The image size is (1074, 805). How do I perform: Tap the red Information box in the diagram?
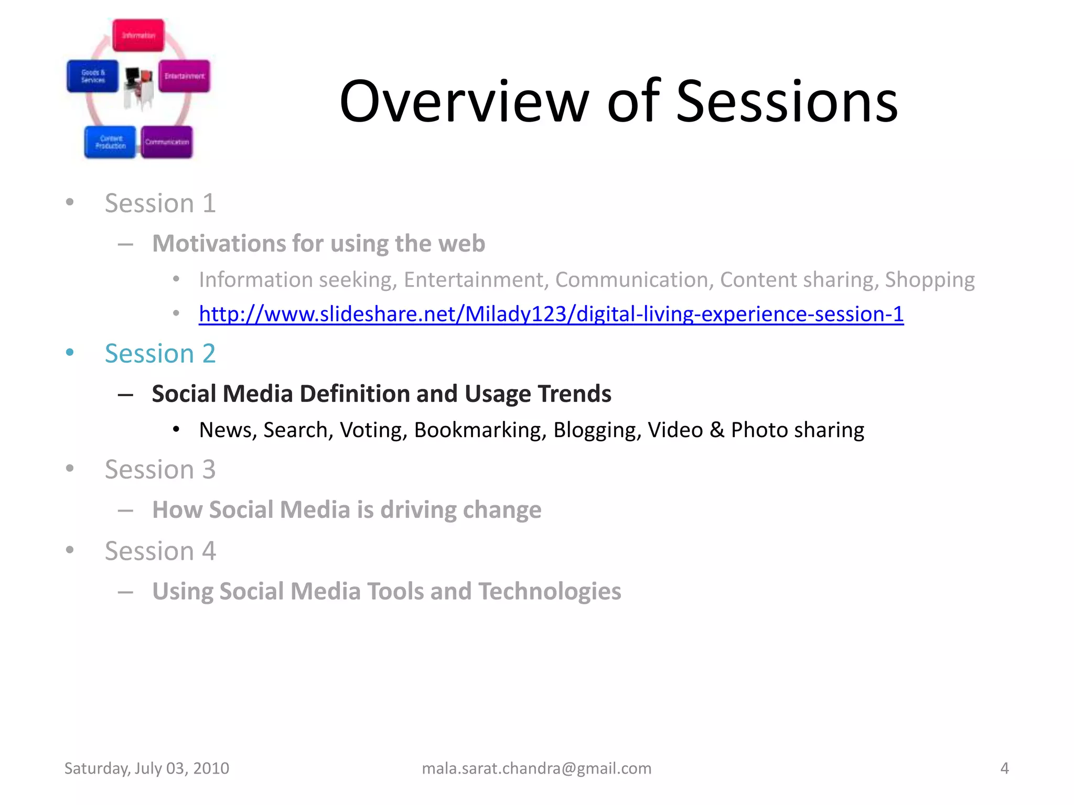pyautogui.click(x=138, y=35)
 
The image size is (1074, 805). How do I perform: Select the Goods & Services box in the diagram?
pyautogui.click(x=93, y=77)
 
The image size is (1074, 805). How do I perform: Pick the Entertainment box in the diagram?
pyautogui.click(x=184, y=77)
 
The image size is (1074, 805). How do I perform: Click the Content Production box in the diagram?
pyautogui.click(x=110, y=142)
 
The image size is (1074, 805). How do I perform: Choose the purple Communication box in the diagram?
pyautogui.click(x=167, y=142)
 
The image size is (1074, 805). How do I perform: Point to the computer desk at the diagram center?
pyautogui.click(x=139, y=86)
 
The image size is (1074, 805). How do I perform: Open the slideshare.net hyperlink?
pyautogui.click(x=551, y=314)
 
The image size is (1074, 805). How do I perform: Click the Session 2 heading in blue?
pyautogui.click(x=160, y=353)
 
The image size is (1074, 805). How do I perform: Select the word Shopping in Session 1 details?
pyautogui.click(x=929, y=280)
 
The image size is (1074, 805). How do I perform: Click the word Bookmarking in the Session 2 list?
pyautogui.click(x=480, y=430)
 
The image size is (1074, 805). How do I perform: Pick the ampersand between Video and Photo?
pyautogui.click(x=716, y=430)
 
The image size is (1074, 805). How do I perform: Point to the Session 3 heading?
pyautogui.click(x=160, y=469)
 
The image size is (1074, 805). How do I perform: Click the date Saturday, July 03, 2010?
pyautogui.click(x=146, y=768)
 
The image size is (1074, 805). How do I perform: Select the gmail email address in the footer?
pyautogui.click(x=536, y=768)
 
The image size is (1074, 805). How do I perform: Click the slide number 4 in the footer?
pyautogui.click(x=1004, y=768)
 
